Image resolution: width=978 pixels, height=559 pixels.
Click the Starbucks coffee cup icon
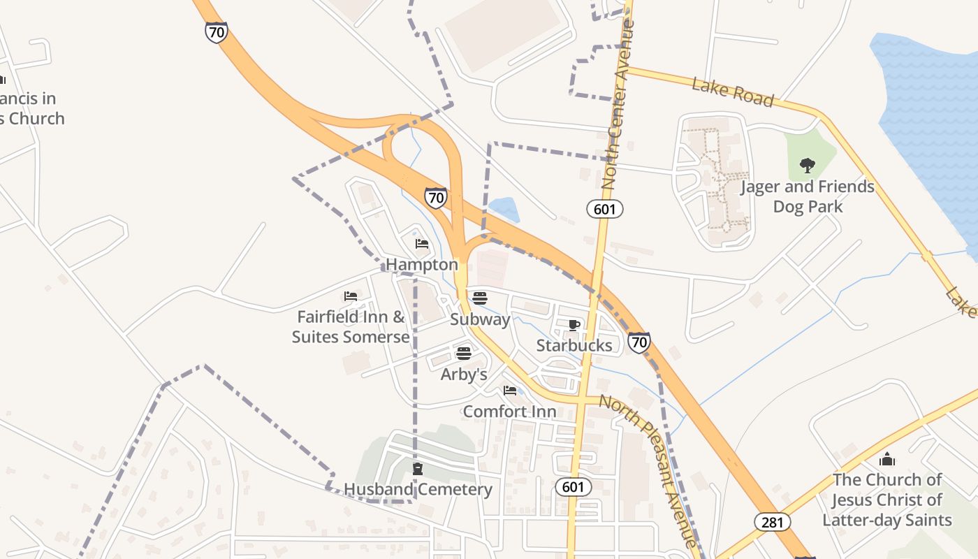point(574,325)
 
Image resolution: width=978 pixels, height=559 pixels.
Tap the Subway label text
point(480,319)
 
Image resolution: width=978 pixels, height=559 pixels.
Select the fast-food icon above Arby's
point(463,353)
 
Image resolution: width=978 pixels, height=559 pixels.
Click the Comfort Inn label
point(509,412)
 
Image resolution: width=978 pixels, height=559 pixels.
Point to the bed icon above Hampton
point(422,244)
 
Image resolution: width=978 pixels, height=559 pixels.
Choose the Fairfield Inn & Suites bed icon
point(351,296)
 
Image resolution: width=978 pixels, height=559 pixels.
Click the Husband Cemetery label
point(418,489)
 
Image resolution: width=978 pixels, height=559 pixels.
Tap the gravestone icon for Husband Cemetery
point(418,469)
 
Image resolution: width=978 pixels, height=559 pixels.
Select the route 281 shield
point(772,521)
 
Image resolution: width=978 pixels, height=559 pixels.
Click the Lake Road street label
point(733,93)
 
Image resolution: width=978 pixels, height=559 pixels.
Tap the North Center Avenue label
point(618,105)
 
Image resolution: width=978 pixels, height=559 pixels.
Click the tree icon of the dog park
point(808,166)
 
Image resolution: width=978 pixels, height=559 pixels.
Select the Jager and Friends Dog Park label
point(807,196)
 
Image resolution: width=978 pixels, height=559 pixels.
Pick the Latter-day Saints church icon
point(887,459)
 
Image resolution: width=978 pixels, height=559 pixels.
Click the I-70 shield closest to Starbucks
point(638,342)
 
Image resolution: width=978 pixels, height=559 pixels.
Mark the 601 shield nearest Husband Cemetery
point(574,487)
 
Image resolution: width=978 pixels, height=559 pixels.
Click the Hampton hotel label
point(422,265)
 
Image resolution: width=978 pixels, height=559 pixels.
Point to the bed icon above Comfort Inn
point(510,391)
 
